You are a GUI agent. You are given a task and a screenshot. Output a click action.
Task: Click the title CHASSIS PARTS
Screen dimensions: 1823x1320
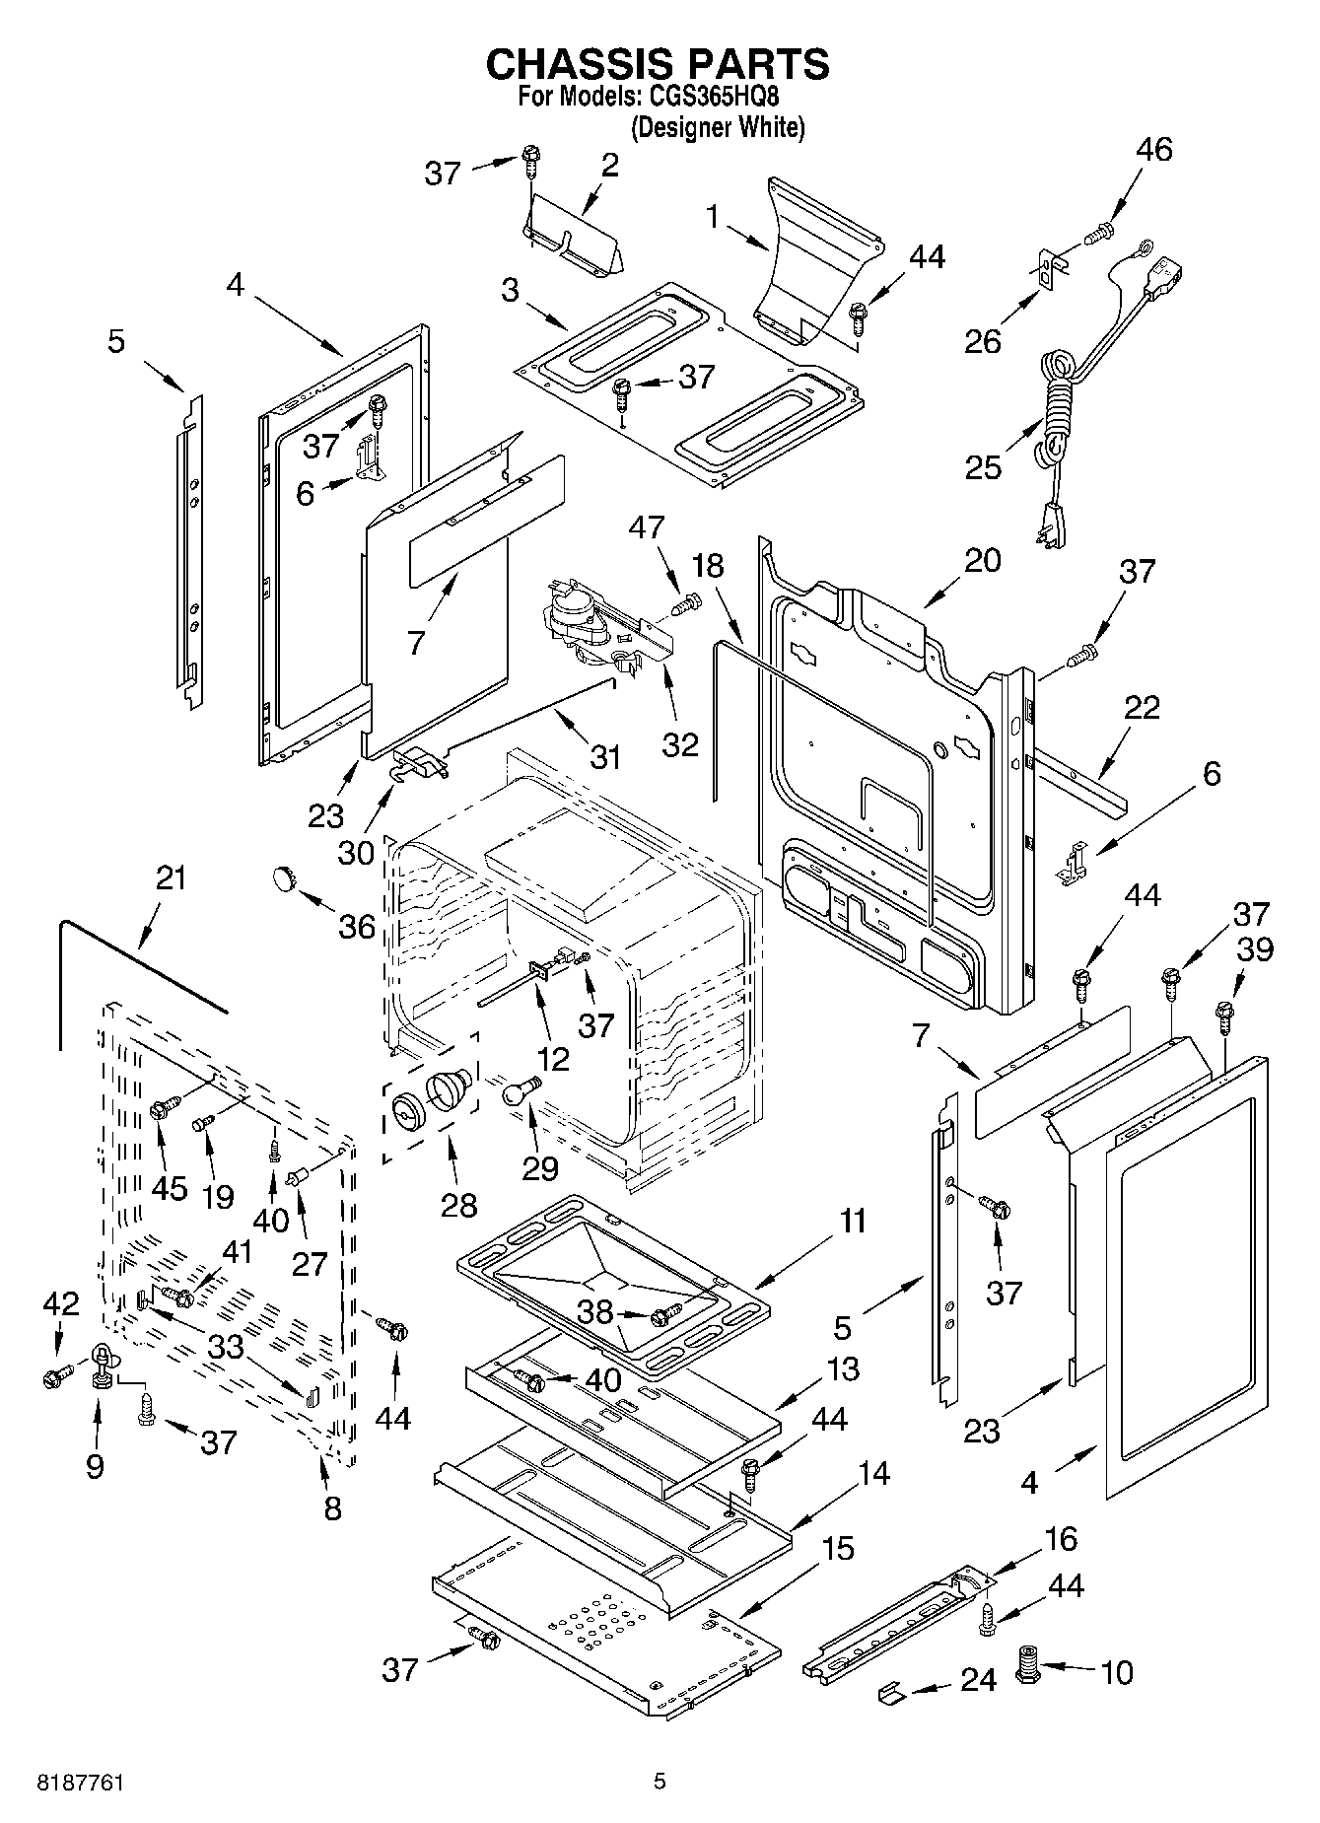[658, 64]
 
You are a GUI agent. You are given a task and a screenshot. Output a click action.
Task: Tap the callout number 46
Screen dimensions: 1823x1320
[1154, 150]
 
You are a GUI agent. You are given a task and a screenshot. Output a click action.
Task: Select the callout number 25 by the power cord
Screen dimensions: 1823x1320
[983, 466]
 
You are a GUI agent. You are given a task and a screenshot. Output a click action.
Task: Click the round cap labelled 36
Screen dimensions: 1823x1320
[286, 876]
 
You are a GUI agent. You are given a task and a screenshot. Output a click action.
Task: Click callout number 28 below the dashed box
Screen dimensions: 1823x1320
[459, 1205]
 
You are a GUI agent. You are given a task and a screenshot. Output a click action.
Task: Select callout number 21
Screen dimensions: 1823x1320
[171, 877]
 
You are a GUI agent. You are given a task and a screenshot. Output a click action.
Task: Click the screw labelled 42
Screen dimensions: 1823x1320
[55, 1377]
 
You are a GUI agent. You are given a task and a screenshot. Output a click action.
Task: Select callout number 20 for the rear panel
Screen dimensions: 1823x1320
[982, 560]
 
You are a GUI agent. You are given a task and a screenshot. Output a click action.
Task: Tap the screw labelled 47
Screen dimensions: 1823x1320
[687, 601]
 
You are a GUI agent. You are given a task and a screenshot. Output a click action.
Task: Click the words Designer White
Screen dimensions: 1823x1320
[718, 127]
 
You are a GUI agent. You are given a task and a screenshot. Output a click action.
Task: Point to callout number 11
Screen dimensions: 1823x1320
[853, 1222]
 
